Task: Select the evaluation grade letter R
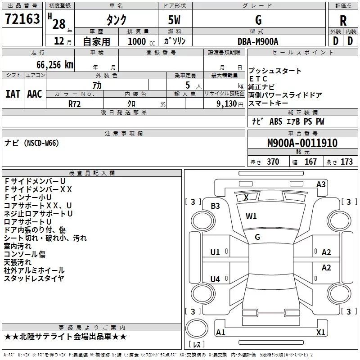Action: coord(343,21)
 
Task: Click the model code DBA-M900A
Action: coord(258,41)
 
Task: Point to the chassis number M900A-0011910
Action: coord(302,144)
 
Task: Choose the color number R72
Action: coord(75,103)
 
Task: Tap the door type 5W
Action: coord(175,21)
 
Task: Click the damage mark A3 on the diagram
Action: coord(321,184)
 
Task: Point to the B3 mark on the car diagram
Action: coord(215,206)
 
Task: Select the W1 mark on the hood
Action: coord(251,216)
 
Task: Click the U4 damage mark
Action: coord(215,279)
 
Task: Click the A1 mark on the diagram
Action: coord(220,333)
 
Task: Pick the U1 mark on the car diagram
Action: coord(215,252)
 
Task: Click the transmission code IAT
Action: coord(13,94)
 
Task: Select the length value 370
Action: coord(273,162)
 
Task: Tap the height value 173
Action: coord(346,162)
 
